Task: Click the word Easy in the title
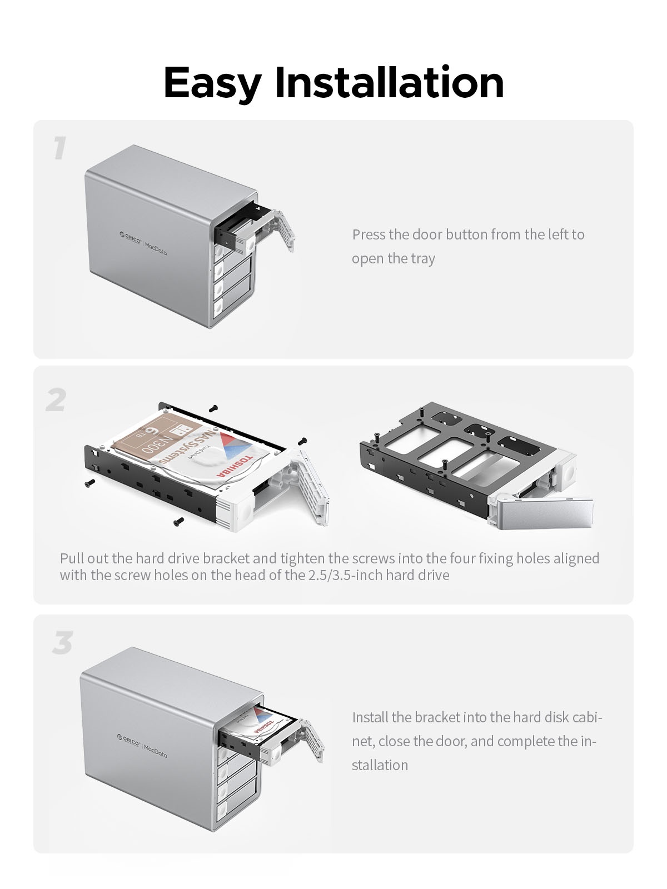213,83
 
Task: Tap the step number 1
60,148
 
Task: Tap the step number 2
56,399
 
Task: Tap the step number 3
62,642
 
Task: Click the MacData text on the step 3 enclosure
155,751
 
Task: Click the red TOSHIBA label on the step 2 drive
235,466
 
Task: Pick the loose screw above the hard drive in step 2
213,408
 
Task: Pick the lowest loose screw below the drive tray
178,522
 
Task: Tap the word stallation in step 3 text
380,766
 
